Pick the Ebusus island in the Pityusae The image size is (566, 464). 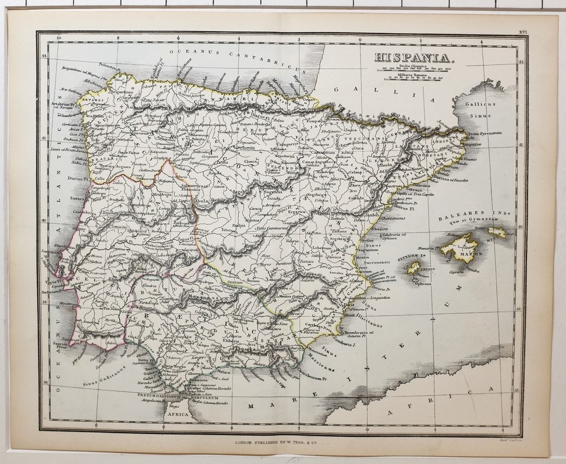pyautogui.click(x=414, y=268)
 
